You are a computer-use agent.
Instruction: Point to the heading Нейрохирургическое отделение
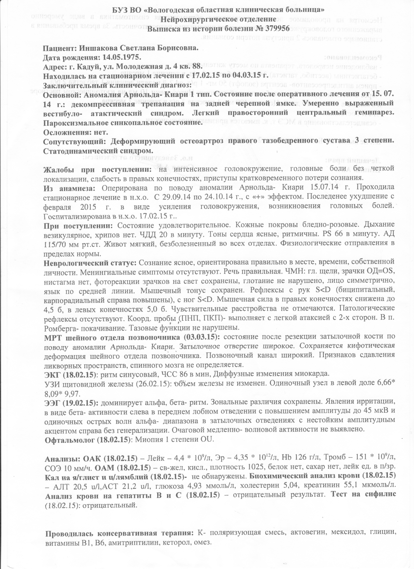click(218, 19)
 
